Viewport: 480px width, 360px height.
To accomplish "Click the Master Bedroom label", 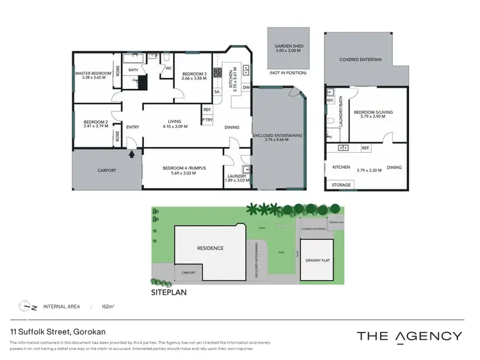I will point(93,74).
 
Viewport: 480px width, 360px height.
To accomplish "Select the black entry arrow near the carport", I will point(132,153).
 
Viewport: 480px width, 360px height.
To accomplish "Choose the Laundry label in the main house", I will point(236,176).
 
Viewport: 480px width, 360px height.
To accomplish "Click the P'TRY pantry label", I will point(207,121).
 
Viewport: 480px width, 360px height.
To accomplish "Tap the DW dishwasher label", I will point(246,88).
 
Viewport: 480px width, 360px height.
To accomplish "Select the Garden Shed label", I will point(287,47).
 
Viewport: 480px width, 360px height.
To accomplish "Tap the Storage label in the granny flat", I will point(341,185).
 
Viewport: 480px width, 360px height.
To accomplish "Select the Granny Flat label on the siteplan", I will point(317,261).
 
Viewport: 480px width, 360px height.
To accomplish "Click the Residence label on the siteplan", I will point(209,248).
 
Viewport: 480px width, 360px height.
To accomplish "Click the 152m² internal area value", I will point(106,307).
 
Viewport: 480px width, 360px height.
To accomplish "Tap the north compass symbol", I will point(26,307).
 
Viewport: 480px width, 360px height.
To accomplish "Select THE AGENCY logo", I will point(409,336).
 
